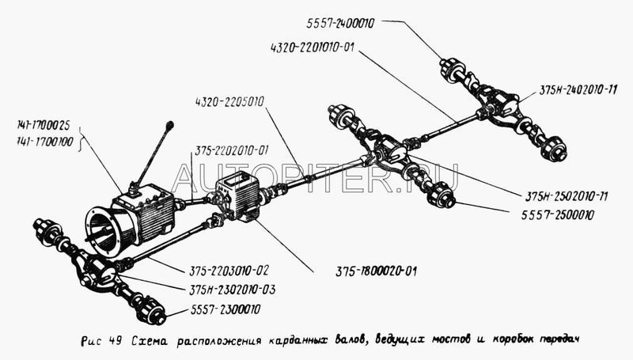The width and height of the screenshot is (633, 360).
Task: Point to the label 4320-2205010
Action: [x=228, y=101]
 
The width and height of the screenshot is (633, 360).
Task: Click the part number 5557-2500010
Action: [x=563, y=214]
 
